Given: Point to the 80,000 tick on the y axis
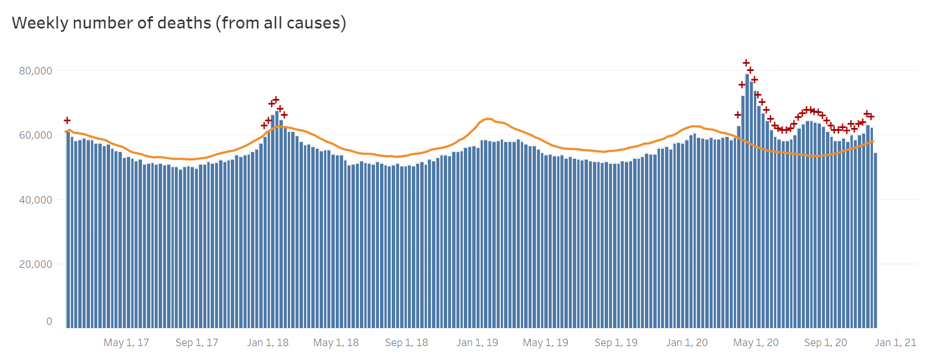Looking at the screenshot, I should point(36,71).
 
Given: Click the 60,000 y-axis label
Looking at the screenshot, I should point(36,135).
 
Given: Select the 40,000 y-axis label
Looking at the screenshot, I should point(36,200).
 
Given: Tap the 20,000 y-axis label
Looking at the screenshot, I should point(36,264).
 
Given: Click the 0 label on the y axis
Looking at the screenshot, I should point(49,321).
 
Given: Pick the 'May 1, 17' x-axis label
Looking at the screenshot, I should point(126,343).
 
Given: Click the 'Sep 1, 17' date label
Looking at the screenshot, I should point(197,343).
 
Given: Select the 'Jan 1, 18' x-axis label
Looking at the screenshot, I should point(268,343).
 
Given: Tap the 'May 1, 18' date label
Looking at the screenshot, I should point(336,343).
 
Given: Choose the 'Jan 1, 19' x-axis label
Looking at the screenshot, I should point(477,343).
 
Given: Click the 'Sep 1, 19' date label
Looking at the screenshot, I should point(616,343).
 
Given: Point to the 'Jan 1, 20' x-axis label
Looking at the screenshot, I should point(687,343).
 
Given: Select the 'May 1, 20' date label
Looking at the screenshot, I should point(756,343).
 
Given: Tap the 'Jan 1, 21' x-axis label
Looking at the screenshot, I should point(895,343).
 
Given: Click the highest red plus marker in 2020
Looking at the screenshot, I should point(746,63).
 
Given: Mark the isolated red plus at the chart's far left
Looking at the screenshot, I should point(67,120).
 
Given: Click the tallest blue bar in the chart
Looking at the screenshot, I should point(747,201).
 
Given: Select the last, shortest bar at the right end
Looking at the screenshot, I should point(875,240).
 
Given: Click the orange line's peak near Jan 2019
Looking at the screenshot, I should point(488,119).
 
